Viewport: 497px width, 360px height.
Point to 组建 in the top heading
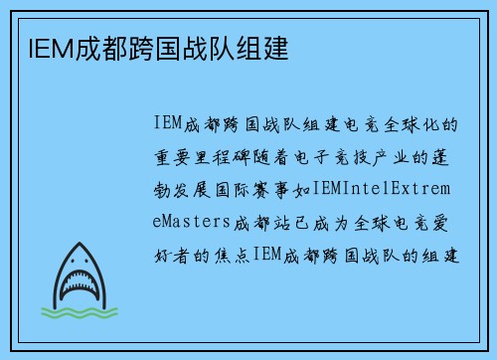coord(261,47)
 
